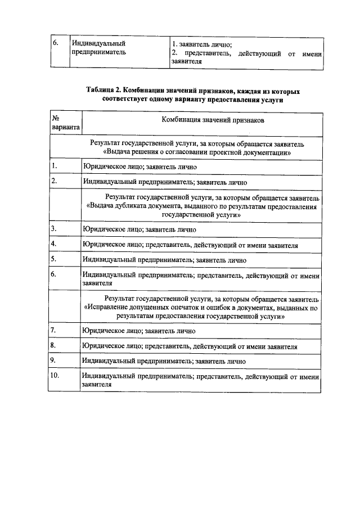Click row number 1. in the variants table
pyautogui.click(x=54, y=166)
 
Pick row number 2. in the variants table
pyautogui.click(x=54, y=182)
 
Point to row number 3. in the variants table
pyautogui.click(x=54, y=229)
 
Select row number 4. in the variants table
pyautogui.click(x=54, y=244)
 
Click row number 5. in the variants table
pyautogui.click(x=54, y=260)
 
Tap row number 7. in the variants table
pyautogui.click(x=54, y=331)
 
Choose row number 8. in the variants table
pyautogui.click(x=54, y=346)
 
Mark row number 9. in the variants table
pyautogui.click(x=54, y=361)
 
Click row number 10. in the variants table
pyautogui.click(x=56, y=376)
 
